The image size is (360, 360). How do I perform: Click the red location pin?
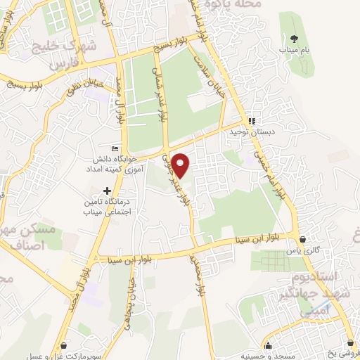tap(181, 165)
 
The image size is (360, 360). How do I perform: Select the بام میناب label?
tap(293, 51)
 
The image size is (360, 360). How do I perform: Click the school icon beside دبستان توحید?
tap(252, 120)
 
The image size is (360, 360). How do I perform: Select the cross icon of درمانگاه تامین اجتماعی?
tap(107, 190)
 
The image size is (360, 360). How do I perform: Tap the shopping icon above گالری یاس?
tap(303, 239)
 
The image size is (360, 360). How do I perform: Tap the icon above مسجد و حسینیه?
tap(268, 345)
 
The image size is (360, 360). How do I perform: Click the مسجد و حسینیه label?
tap(271, 355)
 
